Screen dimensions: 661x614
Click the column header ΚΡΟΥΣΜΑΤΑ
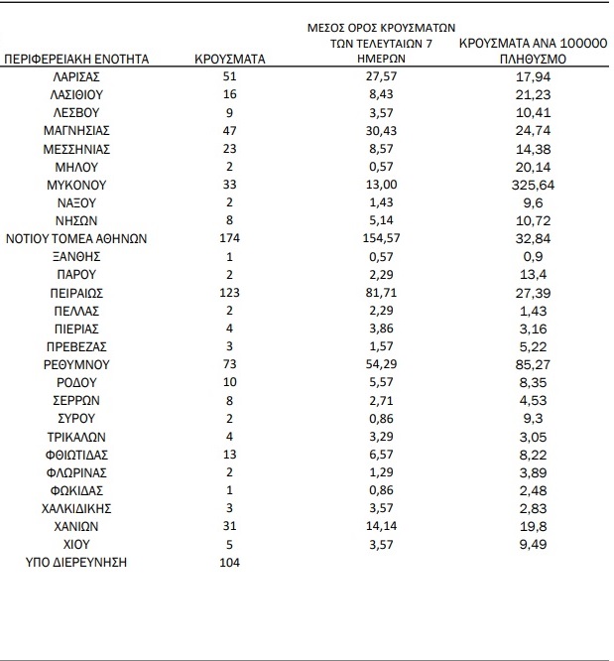tap(230, 60)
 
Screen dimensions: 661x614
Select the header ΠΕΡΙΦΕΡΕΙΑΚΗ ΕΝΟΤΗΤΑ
tap(77, 60)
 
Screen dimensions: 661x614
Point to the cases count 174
tap(230, 238)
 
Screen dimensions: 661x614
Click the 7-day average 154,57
tap(383, 238)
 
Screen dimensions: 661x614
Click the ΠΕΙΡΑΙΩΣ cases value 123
tap(230, 293)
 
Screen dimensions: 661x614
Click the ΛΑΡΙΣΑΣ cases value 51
tap(230, 76)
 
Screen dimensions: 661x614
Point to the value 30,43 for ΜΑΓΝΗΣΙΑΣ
tap(383, 130)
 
